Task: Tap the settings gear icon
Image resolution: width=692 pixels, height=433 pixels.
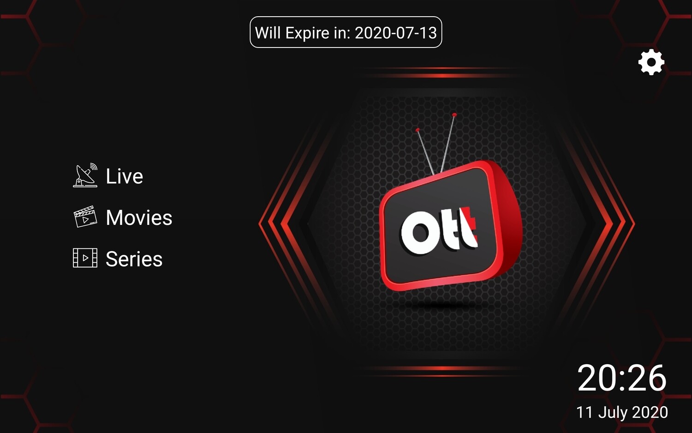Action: [x=651, y=62]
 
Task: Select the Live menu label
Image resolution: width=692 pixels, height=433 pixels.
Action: [x=125, y=176]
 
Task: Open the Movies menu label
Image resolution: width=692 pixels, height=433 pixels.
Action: [x=139, y=217]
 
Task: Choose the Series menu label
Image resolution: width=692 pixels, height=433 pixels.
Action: [x=134, y=259]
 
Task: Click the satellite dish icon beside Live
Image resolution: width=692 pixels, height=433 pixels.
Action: [x=85, y=175]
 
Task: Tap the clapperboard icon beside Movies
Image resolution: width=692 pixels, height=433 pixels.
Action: [x=85, y=216]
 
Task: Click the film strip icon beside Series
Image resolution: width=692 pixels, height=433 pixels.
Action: [x=85, y=258]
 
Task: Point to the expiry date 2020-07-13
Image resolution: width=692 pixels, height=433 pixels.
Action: [x=396, y=33]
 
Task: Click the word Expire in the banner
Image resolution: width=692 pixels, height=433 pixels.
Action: [x=307, y=33]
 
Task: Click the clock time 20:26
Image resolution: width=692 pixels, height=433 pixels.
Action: [x=621, y=378]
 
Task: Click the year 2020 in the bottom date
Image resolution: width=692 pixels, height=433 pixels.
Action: [x=650, y=412]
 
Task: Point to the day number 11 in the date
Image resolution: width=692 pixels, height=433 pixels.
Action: [x=585, y=412]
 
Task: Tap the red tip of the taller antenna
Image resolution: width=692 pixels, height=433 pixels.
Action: [x=454, y=115]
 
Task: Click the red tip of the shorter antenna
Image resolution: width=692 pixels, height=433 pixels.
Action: [x=418, y=130]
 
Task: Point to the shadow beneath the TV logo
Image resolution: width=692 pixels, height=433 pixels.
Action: [x=445, y=306]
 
